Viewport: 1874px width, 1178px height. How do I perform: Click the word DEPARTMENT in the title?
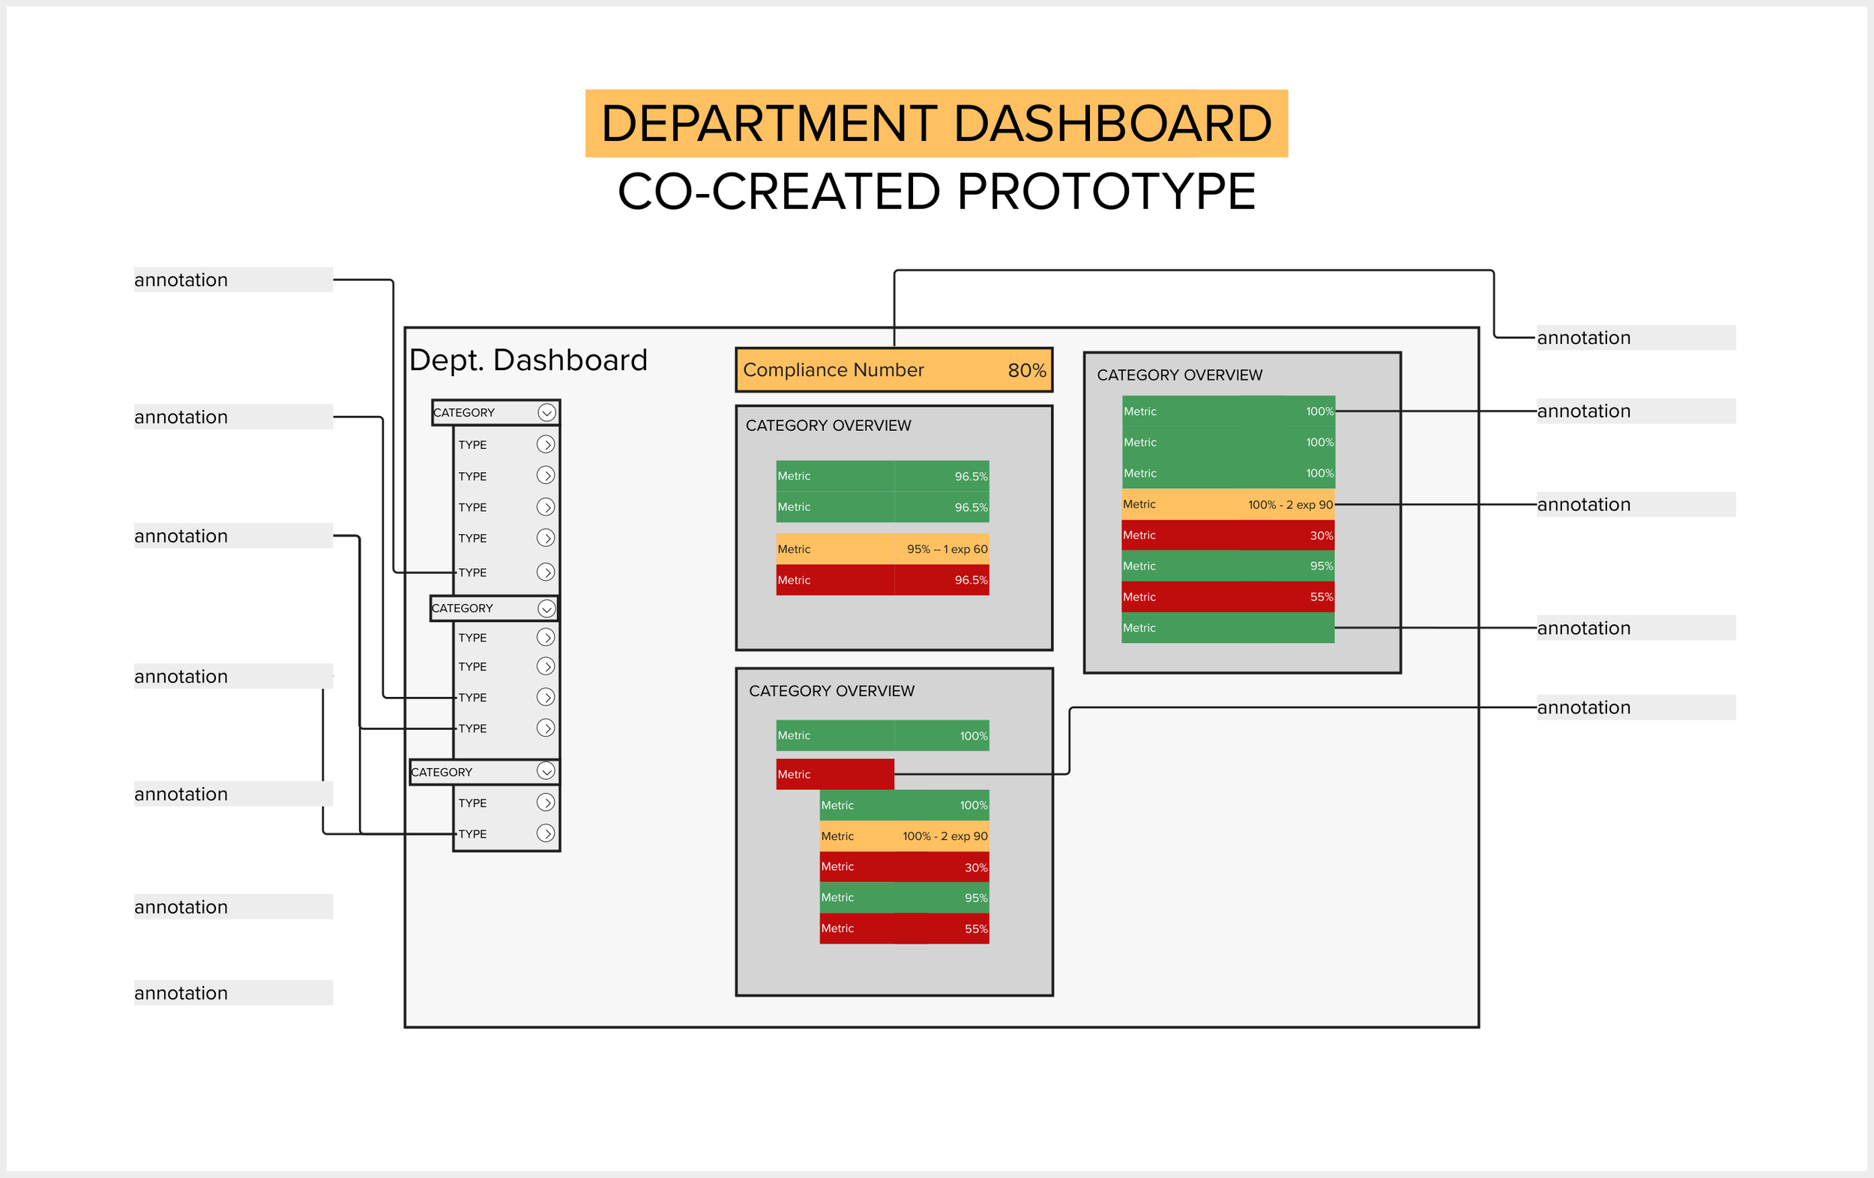click(x=768, y=124)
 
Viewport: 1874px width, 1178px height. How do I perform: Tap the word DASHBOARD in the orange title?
click(x=1112, y=124)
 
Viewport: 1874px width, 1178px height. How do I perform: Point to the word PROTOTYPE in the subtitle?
click(x=1106, y=191)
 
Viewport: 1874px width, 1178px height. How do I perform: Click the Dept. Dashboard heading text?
click(x=528, y=360)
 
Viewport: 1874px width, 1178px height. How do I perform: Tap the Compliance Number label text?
click(x=833, y=370)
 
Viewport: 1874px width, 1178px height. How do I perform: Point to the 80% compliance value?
click(x=1025, y=370)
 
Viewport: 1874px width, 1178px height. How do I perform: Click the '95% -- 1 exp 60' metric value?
click(x=946, y=549)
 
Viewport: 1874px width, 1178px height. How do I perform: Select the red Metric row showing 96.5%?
click(x=882, y=581)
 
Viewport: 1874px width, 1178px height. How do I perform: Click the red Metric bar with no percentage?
click(x=834, y=774)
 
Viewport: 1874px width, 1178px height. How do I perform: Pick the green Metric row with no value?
click(x=1226, y=628)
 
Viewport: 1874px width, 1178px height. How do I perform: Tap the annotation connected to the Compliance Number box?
click(x=1583, y=338)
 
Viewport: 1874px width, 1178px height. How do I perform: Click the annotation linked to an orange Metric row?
click(x=1583, y=504)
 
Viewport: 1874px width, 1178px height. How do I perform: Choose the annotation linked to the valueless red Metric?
click(x=1583, y=707)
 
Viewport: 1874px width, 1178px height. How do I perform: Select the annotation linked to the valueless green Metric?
click(x=1583, y=628)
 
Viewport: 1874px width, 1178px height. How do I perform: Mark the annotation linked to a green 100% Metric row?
click(x=1583, y=411)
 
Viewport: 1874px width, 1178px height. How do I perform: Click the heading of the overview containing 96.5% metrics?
click(x=828, y=426)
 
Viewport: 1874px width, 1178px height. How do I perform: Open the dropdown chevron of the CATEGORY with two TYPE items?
click(x=546, y=771)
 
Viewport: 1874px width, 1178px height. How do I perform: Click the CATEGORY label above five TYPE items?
click(x=464, y=412)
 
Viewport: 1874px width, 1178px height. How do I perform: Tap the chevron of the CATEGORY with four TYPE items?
click(x=546, y=608)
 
